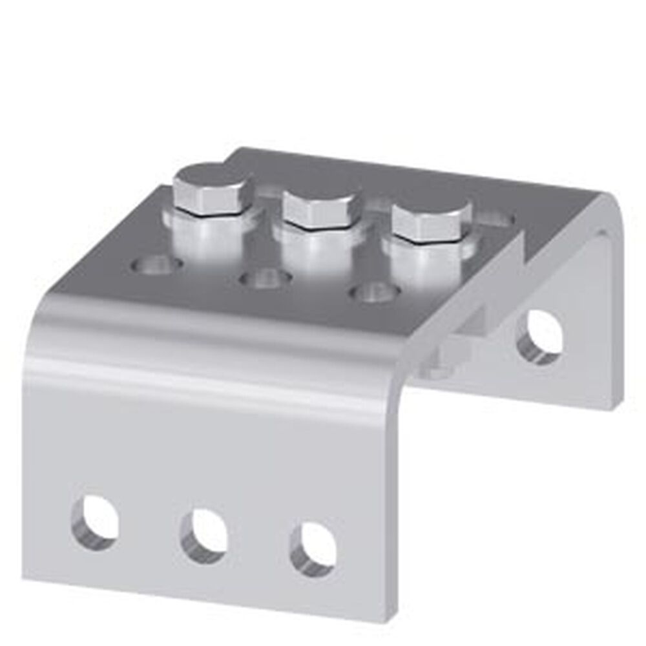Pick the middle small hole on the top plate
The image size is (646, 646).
point(265,279)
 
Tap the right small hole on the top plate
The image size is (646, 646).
point(373,292)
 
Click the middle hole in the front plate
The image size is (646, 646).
point(203,535)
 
